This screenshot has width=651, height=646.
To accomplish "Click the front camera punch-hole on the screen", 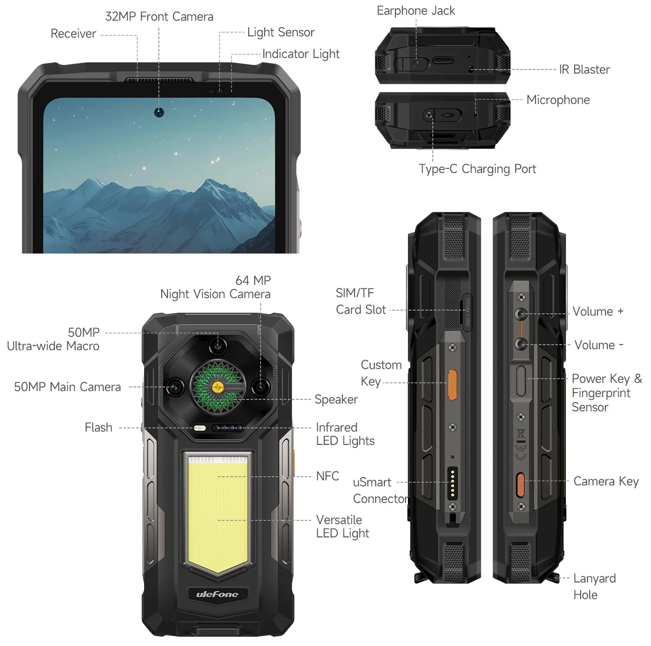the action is (x=159, y=112).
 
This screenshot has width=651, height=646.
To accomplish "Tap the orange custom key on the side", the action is (x=453, y=385).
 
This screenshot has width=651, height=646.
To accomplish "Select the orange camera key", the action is (x=521, y=485).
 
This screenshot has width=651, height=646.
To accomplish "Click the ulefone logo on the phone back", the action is (x=217, y=594).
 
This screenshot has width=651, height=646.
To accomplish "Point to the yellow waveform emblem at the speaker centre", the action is (x=218, y=387).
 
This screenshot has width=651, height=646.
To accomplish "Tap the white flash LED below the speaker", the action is (x=200, y=428).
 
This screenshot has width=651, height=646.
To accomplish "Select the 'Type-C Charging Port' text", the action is (x=477, y=169).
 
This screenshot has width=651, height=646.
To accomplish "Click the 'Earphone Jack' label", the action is (x=416, y=11).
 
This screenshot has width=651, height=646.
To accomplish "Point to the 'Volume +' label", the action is (x=598, y=311).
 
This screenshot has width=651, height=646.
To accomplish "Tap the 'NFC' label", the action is (x=327, y=476).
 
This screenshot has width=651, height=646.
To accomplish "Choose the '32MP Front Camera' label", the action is (x=159, y=17).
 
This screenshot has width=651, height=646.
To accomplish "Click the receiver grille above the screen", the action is (x=159, y=81).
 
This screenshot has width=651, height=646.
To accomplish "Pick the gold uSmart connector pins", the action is (x=453, y=483).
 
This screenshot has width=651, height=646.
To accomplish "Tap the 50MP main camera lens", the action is (x=175, y=387).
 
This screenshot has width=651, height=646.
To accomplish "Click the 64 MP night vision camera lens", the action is (x=261, y=386).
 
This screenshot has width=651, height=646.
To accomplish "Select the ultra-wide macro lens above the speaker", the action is (x=218, y=345).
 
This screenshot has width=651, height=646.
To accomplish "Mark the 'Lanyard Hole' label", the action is (x=594, y=587).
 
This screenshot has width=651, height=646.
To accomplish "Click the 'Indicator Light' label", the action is (x=301, y=54).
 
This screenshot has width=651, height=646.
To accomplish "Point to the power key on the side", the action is (x=521, y=381).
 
